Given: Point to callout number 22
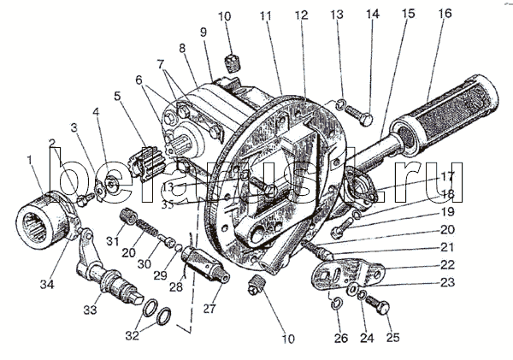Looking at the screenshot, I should [x=448, y=265].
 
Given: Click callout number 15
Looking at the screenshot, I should [x=408, y=15].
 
